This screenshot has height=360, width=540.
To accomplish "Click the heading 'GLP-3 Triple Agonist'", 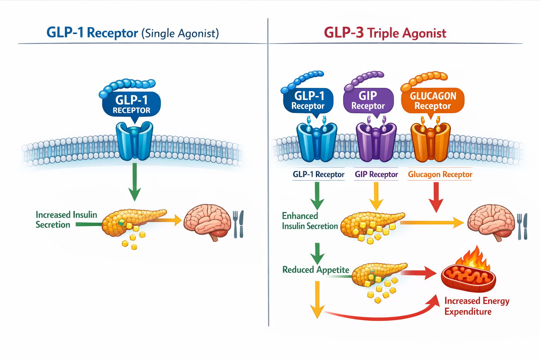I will point(385,33).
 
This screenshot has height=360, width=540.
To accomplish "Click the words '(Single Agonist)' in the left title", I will point(180,33).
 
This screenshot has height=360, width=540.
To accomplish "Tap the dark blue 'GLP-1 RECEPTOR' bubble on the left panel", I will point(131,104).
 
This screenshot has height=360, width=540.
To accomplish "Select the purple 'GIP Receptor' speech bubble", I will point(368,100).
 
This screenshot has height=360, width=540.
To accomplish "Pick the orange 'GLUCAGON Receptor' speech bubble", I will point(432,100).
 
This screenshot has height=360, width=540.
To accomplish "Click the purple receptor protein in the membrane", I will point(376,142).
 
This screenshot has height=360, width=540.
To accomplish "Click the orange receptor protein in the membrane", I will point(430,142).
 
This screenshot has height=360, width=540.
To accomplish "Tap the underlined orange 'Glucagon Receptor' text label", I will point(440,174).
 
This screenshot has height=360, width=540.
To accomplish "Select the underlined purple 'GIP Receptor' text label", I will point(376,174).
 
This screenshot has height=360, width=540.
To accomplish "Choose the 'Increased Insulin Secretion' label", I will point(66,220).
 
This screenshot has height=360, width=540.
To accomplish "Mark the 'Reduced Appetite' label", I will point(315,270).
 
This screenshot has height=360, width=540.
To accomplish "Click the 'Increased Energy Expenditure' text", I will point(476,306).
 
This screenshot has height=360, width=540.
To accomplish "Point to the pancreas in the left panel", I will point(130,221).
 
